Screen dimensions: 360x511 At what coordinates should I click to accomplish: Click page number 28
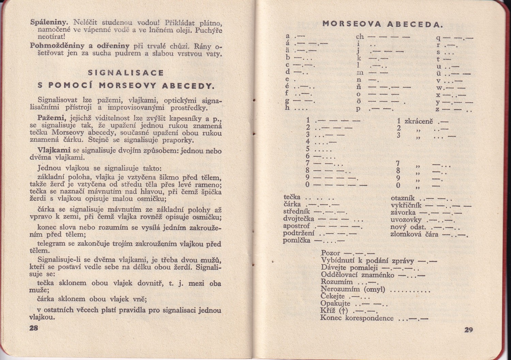click(34, 328)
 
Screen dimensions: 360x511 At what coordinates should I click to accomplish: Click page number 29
click(468, 330)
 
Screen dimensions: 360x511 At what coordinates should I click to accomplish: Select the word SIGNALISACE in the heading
click(126, 73)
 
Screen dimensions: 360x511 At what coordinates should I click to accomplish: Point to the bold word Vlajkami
click(54, 150)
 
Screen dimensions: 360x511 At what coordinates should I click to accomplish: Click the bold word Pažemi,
click(52, 118)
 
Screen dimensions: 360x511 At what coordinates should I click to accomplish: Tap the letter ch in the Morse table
click(360, 36)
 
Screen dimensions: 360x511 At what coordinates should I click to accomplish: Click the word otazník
click(403, 198)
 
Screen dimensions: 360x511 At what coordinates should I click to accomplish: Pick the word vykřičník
click(406, 205)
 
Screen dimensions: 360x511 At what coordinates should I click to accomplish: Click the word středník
click(297, 211)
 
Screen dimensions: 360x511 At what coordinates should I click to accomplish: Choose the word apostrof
click(296, 226)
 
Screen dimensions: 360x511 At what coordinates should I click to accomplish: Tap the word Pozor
click(330, 253)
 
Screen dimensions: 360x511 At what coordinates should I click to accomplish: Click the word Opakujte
click(335, 303)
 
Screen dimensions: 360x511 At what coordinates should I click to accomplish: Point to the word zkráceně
click(418, 121)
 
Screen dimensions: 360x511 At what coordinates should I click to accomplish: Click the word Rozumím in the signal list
click(337, 282)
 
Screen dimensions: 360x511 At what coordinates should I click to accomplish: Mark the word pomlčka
click(296, 240)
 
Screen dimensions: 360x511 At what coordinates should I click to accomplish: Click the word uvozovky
click(406, 220)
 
